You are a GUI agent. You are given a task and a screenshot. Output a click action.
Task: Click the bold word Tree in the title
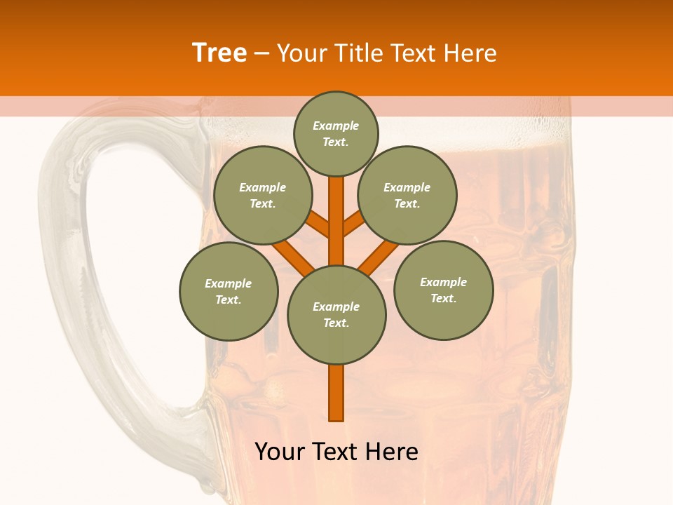[x=219, y=53]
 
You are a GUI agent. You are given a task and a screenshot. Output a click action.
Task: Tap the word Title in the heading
[x=358, y=53]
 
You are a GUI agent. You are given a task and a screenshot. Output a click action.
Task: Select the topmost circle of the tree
[x=336, y=133]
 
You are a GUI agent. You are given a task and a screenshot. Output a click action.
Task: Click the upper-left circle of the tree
[x=262, y=195]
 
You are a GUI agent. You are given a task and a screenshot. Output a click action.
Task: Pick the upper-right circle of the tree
[x=407, y=195]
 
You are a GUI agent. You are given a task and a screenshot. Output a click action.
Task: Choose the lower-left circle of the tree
[x=229, y=291]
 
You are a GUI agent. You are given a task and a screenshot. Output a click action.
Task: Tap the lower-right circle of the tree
[x=444, y=290]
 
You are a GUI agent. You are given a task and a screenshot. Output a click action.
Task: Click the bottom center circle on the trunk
[x=336, y=314]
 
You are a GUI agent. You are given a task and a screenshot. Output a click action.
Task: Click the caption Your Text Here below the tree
[x=336, y=452]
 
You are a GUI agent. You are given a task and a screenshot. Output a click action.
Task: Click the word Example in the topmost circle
[x=336, y=126]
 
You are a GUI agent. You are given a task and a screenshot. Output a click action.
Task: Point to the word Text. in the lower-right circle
[x=443, y=298]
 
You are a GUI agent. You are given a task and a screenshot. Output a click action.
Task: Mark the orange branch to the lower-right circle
[x=379, y=257]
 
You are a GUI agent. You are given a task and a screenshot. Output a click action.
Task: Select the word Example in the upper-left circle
[x=262, y=187]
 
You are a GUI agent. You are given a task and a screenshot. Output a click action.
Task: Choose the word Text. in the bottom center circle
[x=336, y=323]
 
